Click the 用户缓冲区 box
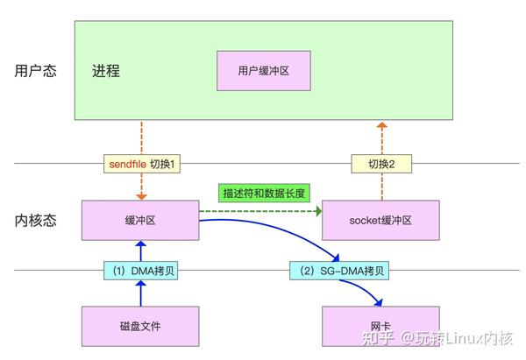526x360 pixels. [x=264, y=70]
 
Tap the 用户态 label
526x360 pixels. [x=36, y=71]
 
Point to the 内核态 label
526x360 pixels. [x=36, y=220]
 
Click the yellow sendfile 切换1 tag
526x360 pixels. [x=141, y=164]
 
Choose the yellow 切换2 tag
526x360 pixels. [x=381, y=164]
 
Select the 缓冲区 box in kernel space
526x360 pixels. [x=140, y=221]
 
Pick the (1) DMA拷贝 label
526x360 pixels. [x=140, y=271]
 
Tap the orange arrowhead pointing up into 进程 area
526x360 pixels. [x=381, y=127]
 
